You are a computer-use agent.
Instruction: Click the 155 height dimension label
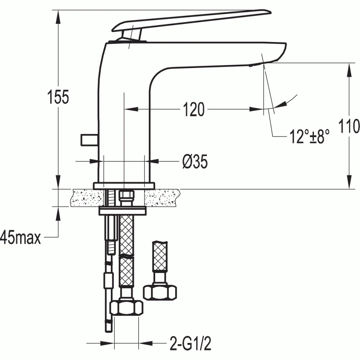pyautogui.click(x=58, y=96)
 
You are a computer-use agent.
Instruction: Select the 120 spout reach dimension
pyautogui.click(x=194, y=109)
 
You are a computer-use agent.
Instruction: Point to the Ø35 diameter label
pyautogui.click(x=195, y=161)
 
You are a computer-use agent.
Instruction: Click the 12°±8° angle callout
pyautogui.click(x=309, y=136)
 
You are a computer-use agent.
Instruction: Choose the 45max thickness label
pyautogui.click(x=21, y=237)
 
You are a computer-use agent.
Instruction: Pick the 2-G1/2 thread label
pyautogui.click(x=190, y=343)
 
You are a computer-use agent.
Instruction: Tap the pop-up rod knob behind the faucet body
pyautogui.click(x=89, y=140)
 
